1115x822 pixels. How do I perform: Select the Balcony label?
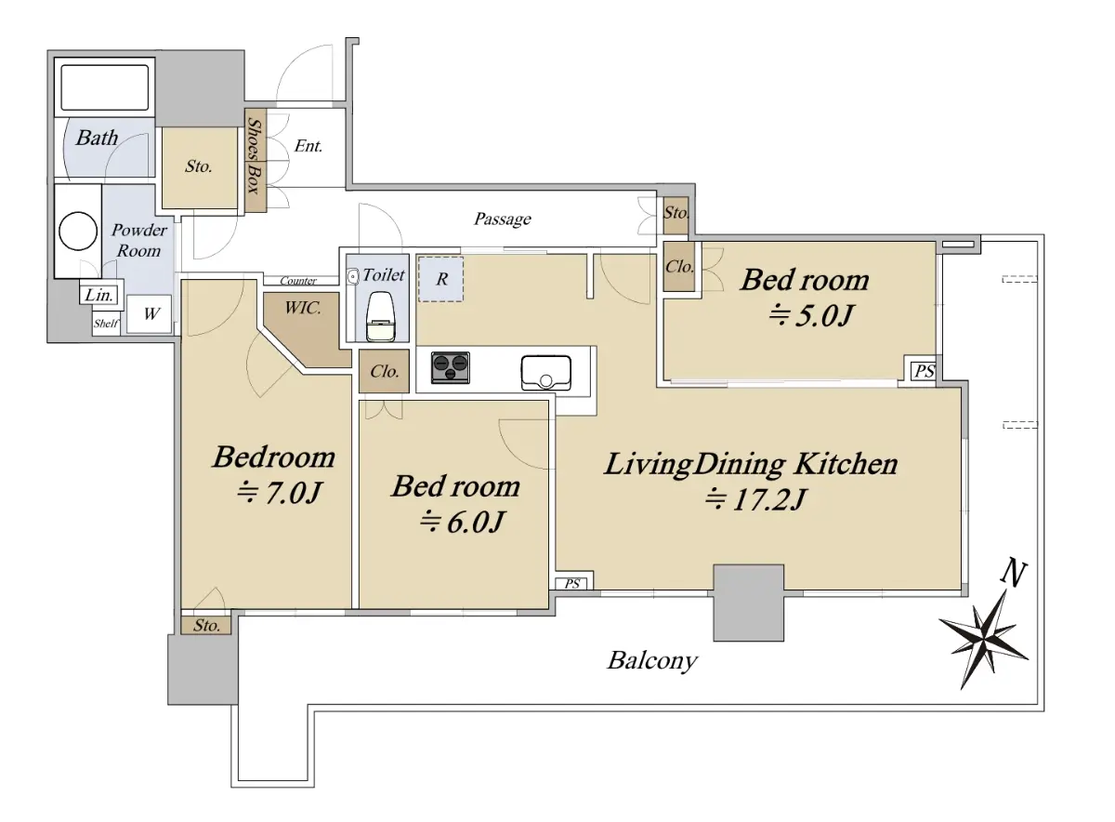(652, 661)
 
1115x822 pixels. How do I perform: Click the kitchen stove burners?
(451, 367)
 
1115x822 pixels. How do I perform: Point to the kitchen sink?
(546, 372)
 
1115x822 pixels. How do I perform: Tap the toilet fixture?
(380, 316)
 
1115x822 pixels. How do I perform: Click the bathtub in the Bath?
(104, 87)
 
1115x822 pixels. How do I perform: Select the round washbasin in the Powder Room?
(78, 231)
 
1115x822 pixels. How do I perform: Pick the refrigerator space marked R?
(440, 279)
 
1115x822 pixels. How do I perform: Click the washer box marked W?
(150, 314)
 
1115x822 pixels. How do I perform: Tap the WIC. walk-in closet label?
(303, 308)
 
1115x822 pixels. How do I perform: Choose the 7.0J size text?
(279, 493)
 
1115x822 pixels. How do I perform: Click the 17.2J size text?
(754, 499)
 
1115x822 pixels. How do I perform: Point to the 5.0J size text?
(811, 315)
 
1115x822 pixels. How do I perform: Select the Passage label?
(503, 219)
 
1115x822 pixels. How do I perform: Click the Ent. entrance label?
(308, 146)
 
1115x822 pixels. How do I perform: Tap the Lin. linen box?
(100, 295)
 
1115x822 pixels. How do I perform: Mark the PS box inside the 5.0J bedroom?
(924, 371)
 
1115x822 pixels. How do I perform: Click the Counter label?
(298, 281)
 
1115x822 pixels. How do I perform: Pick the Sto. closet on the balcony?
(206, 625)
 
